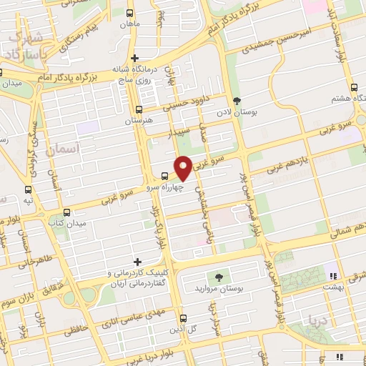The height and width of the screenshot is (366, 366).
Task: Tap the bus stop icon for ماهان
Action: [x=129, y=14]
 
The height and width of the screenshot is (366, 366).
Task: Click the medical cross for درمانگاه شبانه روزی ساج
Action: [x=134, y=58]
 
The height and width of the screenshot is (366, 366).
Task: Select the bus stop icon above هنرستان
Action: [x=139, y=109]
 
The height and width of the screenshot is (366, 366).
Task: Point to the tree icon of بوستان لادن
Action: [x=237, y=101]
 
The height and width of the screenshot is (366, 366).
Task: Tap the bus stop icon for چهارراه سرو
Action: [x=165, y=176]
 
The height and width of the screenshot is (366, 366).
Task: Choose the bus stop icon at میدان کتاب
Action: [x=66, y=212]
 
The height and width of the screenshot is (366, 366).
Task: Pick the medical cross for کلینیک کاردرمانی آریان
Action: [x=138, y=262]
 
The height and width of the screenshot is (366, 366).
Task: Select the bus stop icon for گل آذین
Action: [x=183, y=318]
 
